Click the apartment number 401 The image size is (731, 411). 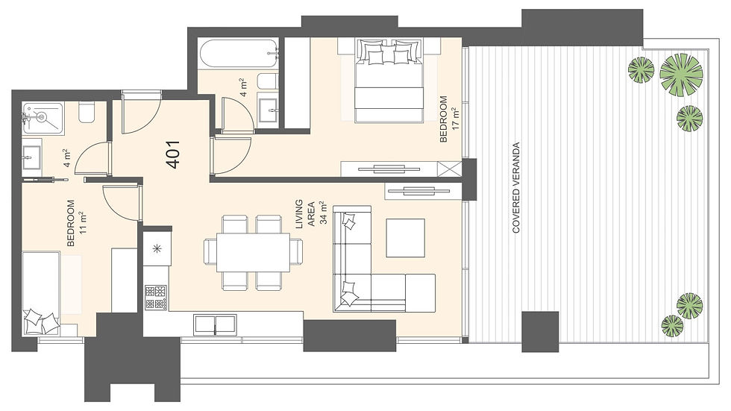(x=173, y=154)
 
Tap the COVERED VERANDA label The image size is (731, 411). (x=515, y=187)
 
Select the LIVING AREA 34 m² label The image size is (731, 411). (x=311, y=212)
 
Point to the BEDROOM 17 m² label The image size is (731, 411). (x=449, y=119)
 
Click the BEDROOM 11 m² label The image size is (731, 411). (x=76, y=223)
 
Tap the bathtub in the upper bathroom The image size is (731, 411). (x=239, y=53)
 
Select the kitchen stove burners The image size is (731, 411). (x=156, y=298)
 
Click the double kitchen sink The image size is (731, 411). (x=215, y=324)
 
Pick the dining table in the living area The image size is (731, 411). (x=253, y=252)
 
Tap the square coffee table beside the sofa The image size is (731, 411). (x=405, y=238)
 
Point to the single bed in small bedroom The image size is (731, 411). (x=41, y=294)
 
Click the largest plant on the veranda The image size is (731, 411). (x=681, y=75)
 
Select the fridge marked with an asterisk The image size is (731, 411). (x=157, y=248)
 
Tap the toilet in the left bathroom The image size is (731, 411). (x=87, y=113)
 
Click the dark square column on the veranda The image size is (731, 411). (x=540, y=331)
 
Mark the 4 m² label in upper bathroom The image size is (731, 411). (x=243, y=87)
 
